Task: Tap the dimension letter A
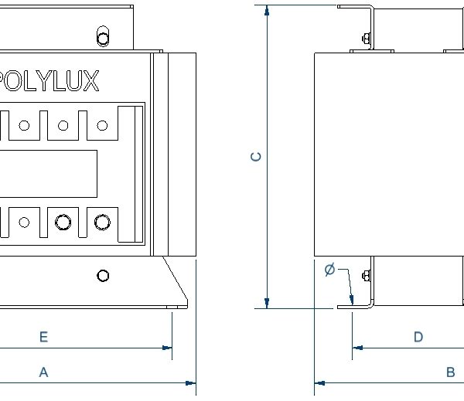click(44, 372)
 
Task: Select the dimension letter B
click(450, 372)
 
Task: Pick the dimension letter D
click(418, 337)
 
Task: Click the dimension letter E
click(44, 337)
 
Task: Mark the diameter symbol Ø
click(329, 270)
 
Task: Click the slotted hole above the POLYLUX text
click(103, 36)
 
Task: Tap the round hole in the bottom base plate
click(103, 276)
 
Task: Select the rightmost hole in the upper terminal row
click(102, 125)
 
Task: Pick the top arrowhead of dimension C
click(267, 10)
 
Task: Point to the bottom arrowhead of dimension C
click(267, 302)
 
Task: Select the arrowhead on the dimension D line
click(357, 348)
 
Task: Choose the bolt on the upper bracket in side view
click(366, 37)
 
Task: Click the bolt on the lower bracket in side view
click(366, 276)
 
